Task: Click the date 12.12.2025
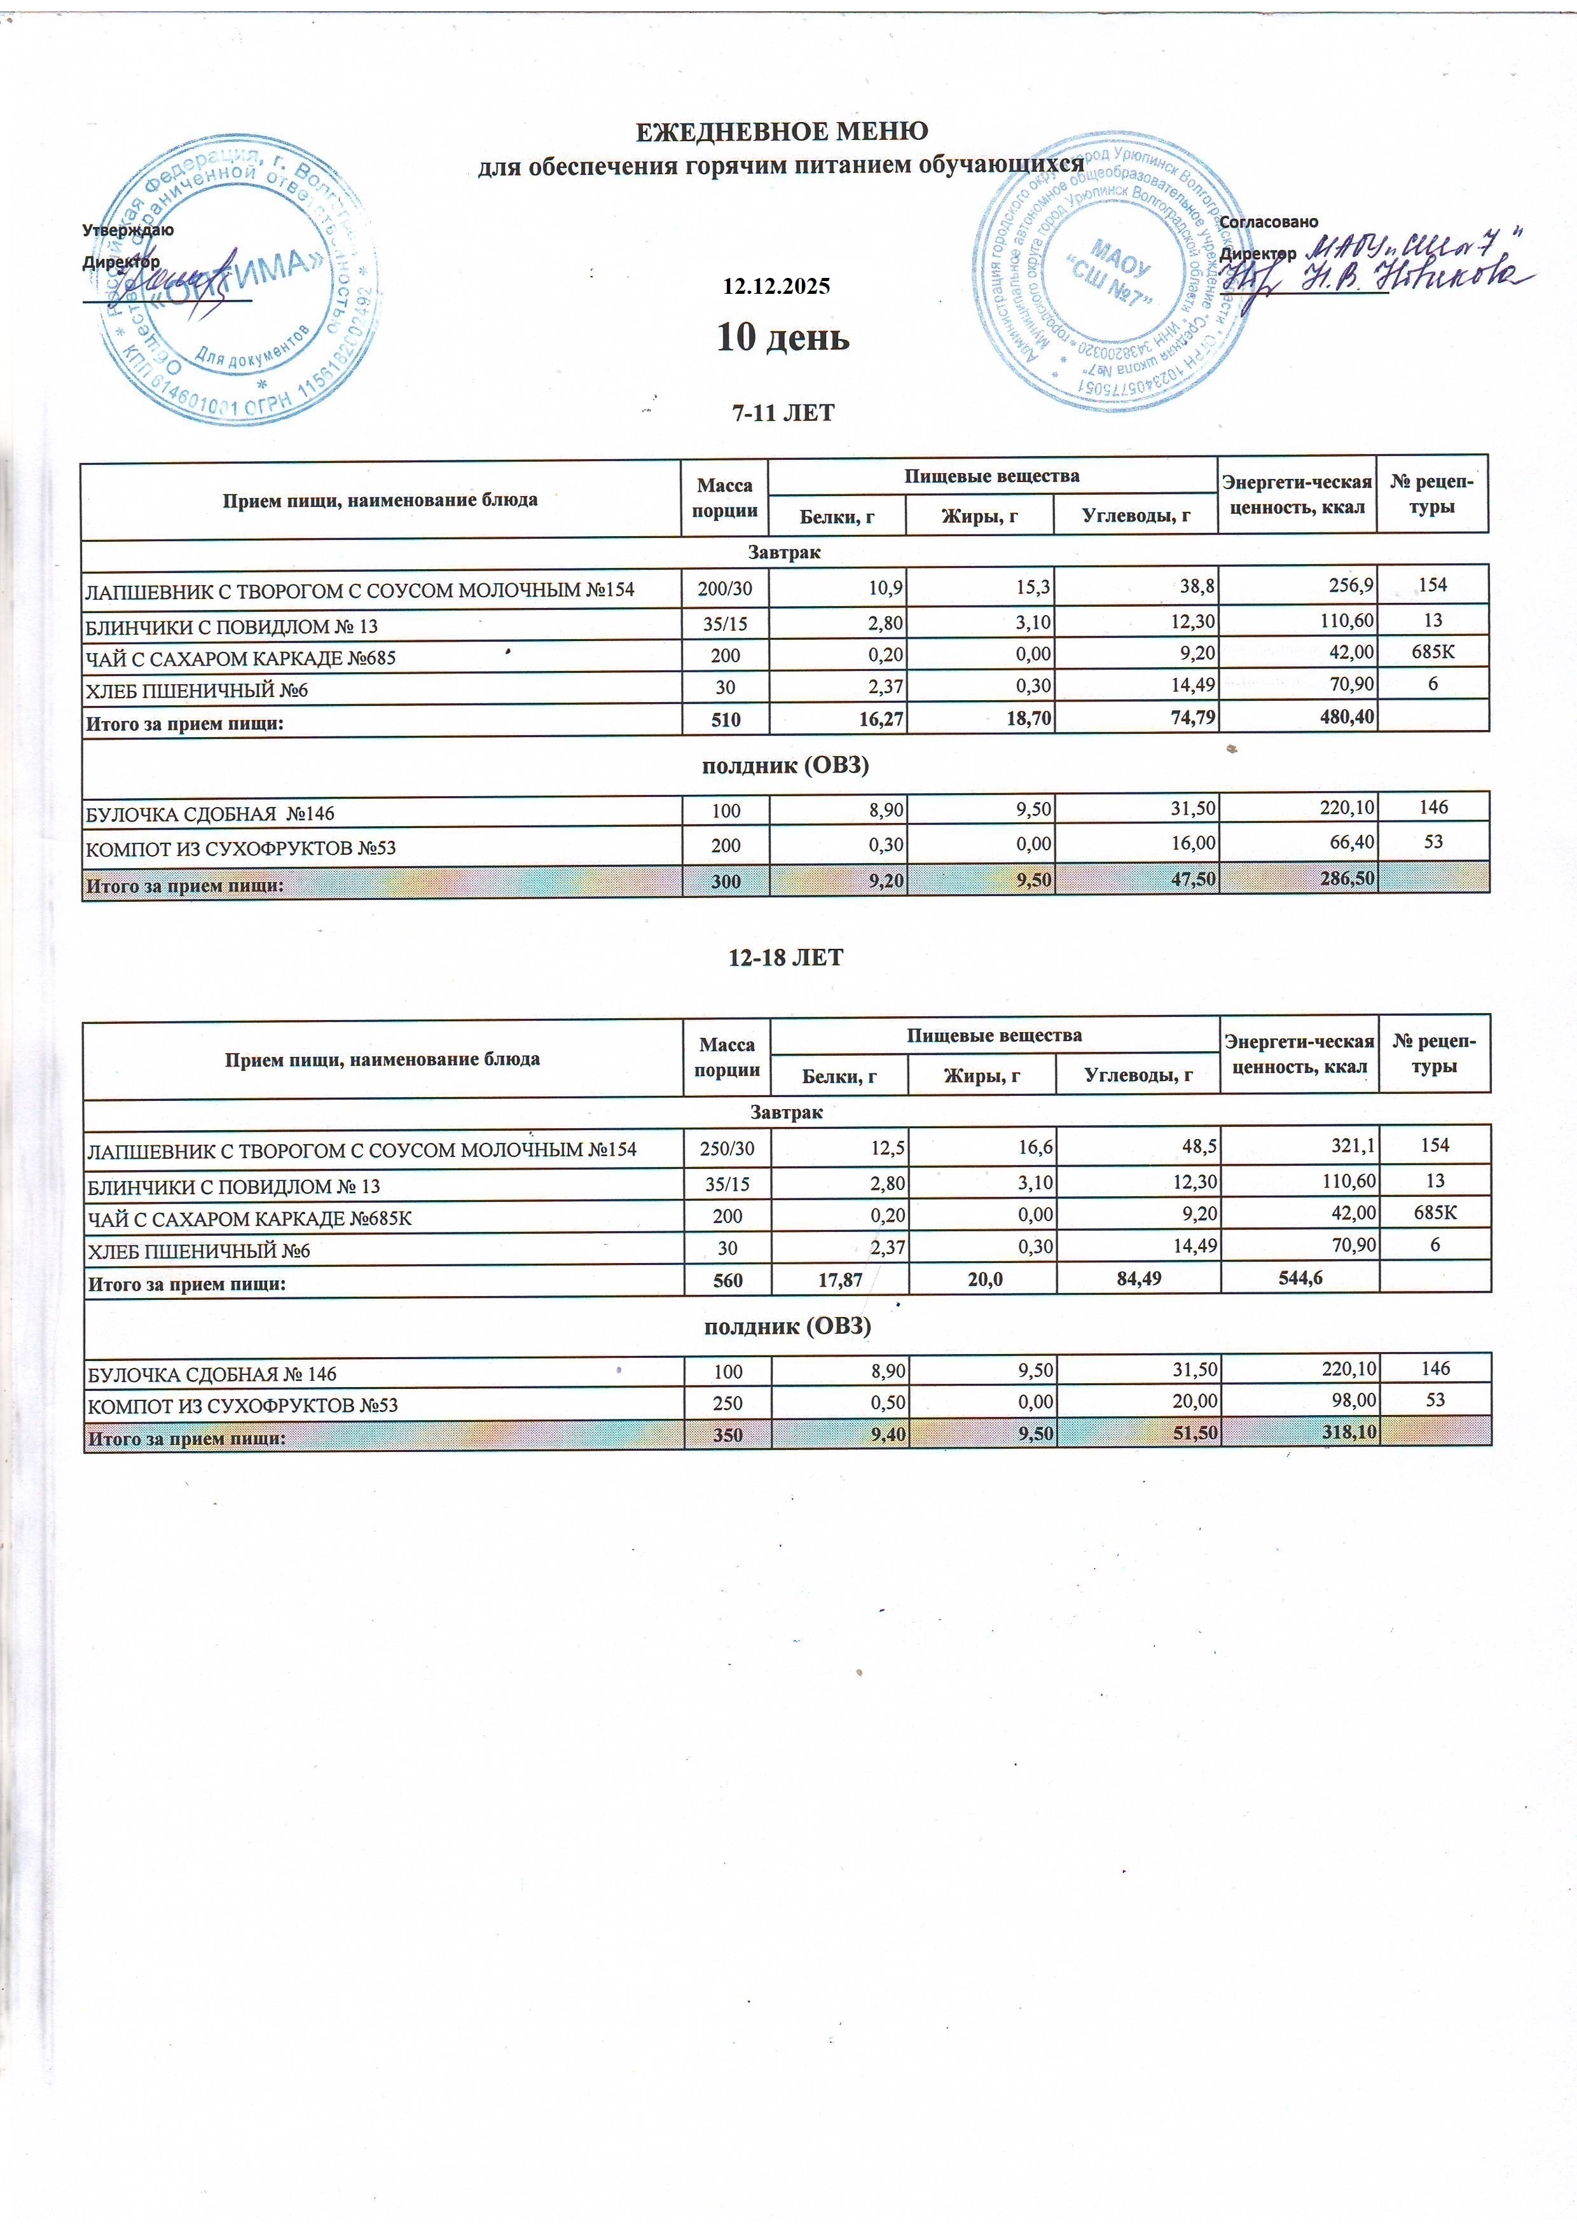(775, 287)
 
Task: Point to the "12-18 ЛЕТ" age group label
(785, 958)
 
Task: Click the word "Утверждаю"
(128, 230)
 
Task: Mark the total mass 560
(727, 1281)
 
